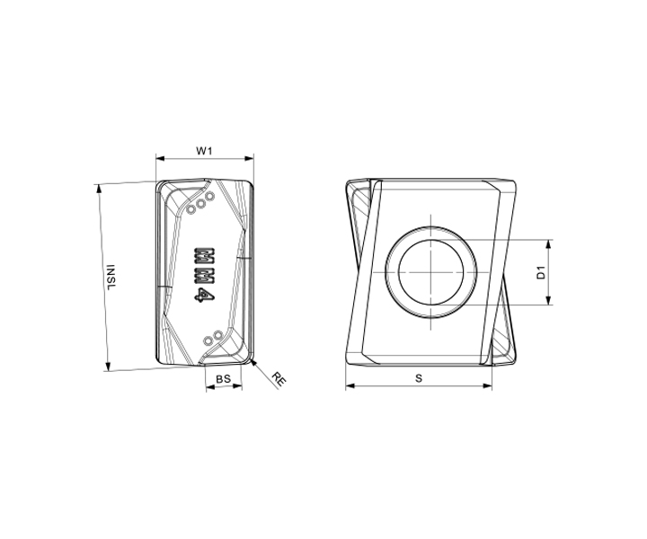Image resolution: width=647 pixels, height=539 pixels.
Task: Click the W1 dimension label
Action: [x=204, y=151]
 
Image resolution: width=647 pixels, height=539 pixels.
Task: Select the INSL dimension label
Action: [x=111, y=277]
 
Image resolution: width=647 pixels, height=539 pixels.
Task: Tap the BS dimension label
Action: [x=223, y=378]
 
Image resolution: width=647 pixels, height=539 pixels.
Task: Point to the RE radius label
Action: [x=279, y=379]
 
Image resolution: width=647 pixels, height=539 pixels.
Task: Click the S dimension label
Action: [x=419, y=378]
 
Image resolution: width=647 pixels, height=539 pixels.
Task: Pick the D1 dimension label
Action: [x=541, y=273]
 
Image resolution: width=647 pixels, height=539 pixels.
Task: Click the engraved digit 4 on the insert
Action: [x=204, y=296]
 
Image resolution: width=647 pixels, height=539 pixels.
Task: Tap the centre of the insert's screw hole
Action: [x=431, y=272]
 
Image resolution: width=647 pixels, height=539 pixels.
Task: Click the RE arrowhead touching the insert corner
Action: [x=253, y=363]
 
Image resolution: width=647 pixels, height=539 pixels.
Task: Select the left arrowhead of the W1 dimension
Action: [x=160, y=158]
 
